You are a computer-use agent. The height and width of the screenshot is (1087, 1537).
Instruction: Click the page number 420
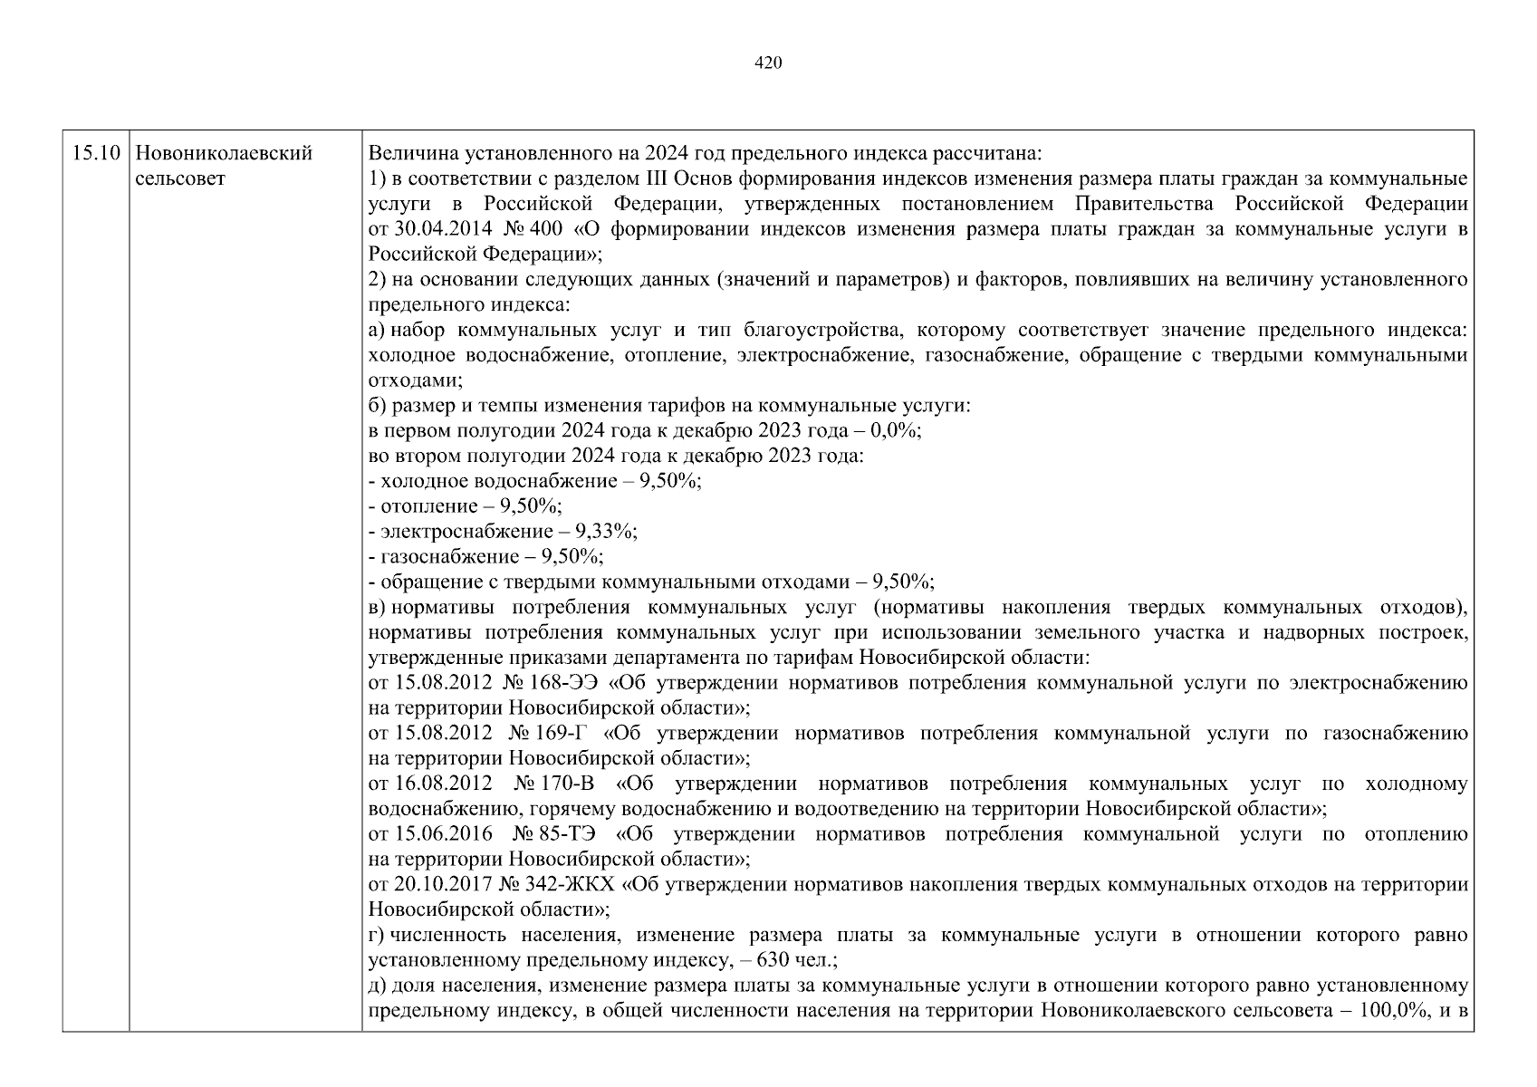click(x=767, y=63)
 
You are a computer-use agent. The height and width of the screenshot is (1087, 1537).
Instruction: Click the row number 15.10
click(x=95, y=153)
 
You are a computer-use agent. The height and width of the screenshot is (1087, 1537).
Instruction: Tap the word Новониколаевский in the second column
click(x=223, y=153)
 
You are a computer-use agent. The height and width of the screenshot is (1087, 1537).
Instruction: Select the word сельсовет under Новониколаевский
click(x=179, y=178)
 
